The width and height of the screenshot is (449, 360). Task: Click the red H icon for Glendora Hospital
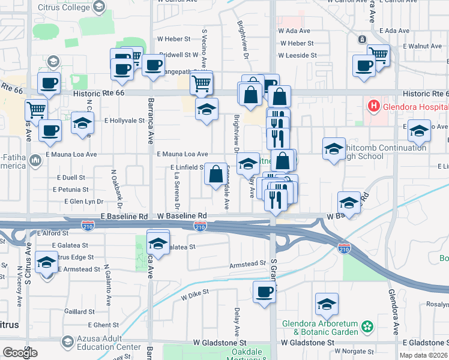point(373,107)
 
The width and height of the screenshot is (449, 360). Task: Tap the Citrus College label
point(63,6)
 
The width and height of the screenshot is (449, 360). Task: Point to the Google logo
point(20,353)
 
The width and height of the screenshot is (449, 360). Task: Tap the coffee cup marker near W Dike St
point(265,293)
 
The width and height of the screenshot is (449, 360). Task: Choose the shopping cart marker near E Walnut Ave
point(379,55)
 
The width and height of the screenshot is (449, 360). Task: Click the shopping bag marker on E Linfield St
point(215,174)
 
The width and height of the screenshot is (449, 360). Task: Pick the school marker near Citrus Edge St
point(46,263)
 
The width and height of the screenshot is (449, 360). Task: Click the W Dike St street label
point(194,292)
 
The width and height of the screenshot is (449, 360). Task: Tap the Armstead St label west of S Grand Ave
point(247,264)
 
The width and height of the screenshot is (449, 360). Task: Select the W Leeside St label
point(297,55)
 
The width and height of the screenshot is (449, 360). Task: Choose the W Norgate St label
point(354,351)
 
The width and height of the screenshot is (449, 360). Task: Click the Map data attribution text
point(424,355)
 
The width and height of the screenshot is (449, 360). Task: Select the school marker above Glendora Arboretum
point(327,304)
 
